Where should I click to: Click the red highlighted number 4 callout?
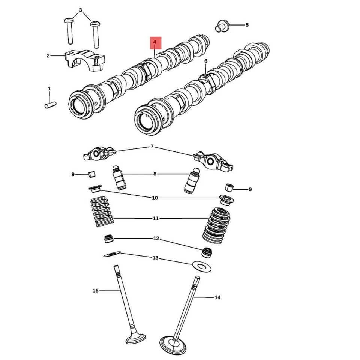pos(155,43)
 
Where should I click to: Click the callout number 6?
pos(206,61)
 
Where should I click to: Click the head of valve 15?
pos(135,336)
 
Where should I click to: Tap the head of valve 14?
pos(173,342)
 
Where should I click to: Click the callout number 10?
pos(154,198)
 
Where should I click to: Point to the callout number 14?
pos(217,297)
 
